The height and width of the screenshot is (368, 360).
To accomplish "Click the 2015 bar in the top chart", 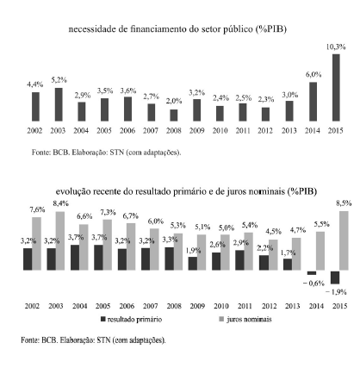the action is [x=336, y=87].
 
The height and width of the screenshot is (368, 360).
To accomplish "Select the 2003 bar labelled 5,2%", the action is [x=59, y=104].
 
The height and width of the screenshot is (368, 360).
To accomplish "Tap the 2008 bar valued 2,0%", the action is [x=174, y=115].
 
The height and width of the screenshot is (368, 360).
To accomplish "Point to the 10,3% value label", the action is [x=336, y=47].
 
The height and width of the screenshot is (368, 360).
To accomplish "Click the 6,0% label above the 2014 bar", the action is [x=313, y=75].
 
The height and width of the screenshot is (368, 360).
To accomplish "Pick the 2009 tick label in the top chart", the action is [x=196, y=131].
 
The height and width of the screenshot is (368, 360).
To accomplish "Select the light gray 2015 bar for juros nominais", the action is [x=344, y=240].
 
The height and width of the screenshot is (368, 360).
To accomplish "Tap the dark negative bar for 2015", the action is [x=335, y=278].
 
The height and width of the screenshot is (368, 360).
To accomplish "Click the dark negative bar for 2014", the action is [x=312, y=272].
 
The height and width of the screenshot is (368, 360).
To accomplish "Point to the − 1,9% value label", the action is [x=336, y=292].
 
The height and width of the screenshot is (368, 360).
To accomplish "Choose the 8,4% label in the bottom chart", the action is [x=60, y=203].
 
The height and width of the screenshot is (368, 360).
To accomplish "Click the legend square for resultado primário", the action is [x=103, y=319].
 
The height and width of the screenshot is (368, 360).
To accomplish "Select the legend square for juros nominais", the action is [x=221, y=319].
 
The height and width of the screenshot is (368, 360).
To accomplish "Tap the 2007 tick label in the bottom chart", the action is [x=151, y=306].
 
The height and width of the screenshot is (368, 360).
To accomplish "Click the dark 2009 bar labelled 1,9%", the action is [x=193, y=264].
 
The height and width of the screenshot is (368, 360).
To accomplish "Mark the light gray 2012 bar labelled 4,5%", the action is [x=273, y=255].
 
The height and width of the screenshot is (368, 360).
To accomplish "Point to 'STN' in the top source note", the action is [x=116, y=153].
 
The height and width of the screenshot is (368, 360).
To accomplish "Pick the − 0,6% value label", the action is [x=313, y=284].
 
